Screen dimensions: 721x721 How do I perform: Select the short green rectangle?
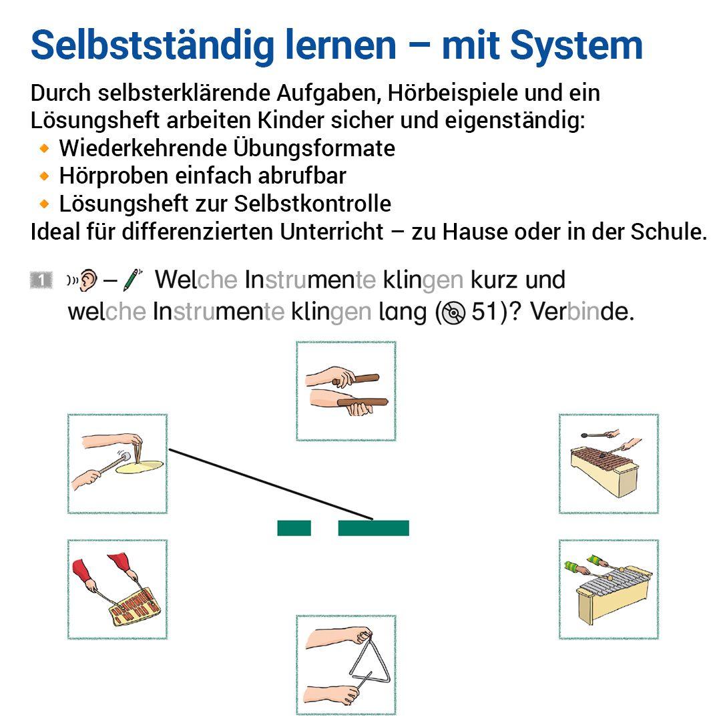(294, 528)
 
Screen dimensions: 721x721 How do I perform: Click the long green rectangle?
(373, 528)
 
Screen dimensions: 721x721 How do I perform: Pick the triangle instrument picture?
(346, 665)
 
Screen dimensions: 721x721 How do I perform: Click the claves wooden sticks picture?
(346, 391)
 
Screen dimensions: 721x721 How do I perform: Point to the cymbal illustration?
(117, 463)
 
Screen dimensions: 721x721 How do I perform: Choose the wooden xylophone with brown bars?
(608, 463)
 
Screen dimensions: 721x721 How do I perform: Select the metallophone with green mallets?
(608, 589)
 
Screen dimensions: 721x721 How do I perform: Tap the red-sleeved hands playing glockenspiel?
(117, 589)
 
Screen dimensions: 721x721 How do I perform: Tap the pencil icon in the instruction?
(134, 280)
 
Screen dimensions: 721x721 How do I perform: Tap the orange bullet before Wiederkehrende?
(45, 148)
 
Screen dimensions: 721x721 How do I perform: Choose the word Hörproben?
(113, 176)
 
